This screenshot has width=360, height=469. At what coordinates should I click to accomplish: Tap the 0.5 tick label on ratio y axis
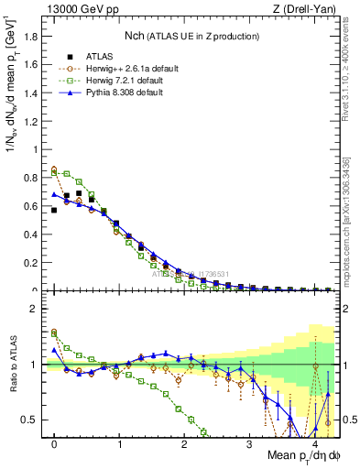[x=32, y=420]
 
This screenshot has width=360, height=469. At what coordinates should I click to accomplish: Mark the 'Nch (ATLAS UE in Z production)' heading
[x=191, y=36]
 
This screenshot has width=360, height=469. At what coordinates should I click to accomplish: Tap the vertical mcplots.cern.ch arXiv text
[x=345, y=211]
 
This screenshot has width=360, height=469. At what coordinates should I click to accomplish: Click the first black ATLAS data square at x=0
[x=54, y=211]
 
